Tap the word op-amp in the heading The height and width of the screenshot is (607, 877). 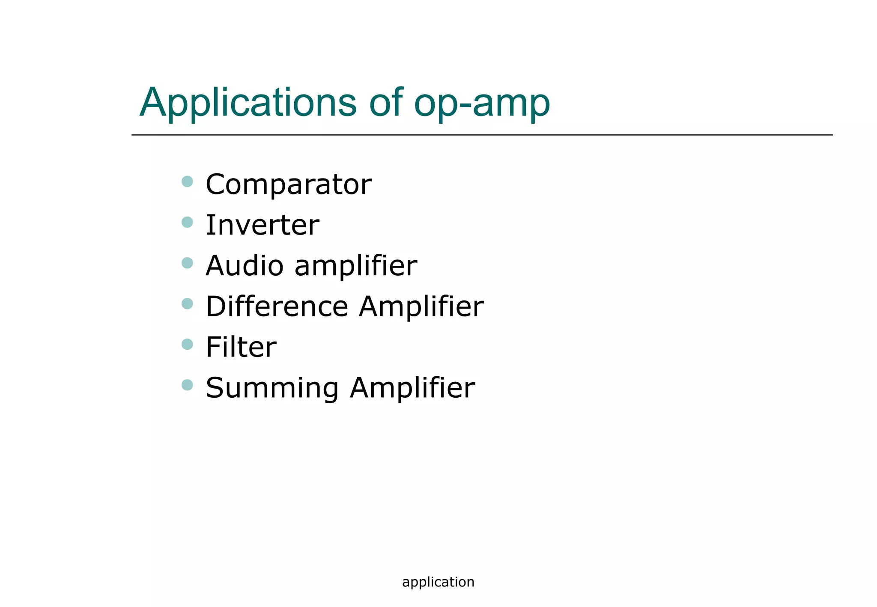pos(482,104)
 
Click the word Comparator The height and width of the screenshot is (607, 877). pos(288,185)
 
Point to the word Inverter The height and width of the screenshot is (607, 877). pos(262,225)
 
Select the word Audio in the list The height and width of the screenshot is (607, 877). pos(245,265)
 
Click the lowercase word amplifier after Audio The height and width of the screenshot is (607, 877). pos(355,266)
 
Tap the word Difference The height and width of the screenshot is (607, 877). pos(277,306)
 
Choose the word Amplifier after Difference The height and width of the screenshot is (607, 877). pos(421,306)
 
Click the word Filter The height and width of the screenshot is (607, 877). pos(241,347)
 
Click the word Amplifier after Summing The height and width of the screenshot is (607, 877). pos(412,388)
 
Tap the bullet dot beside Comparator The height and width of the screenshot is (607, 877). pos(187,182)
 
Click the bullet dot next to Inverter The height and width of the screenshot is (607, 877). pos(187,222)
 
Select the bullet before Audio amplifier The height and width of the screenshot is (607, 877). pos(187,263)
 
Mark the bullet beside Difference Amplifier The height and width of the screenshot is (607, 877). pos(187,303)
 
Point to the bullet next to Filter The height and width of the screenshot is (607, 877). pos(187,344)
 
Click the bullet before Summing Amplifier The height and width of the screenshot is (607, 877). pos(187,385)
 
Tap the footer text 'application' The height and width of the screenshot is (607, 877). pos(438,582)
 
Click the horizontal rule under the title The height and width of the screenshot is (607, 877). pos(482,135)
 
